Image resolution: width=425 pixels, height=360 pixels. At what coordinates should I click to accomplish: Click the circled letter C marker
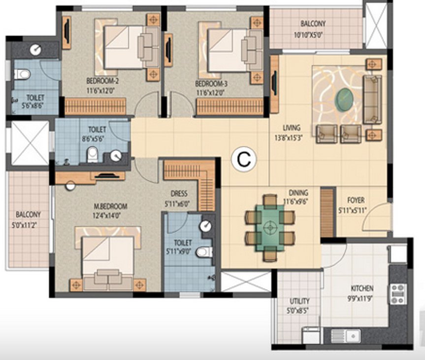244,159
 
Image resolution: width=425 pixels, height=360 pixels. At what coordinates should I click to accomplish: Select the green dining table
269,227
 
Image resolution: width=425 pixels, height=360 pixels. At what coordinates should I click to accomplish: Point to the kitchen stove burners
398,294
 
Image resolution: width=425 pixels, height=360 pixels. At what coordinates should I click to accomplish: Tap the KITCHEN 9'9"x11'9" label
362,292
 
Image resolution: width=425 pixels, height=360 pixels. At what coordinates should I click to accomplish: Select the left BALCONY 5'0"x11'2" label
28,219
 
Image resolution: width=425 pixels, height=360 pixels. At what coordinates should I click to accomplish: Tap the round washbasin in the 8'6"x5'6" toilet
116,156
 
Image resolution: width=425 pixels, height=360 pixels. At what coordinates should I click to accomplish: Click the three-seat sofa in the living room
372,99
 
